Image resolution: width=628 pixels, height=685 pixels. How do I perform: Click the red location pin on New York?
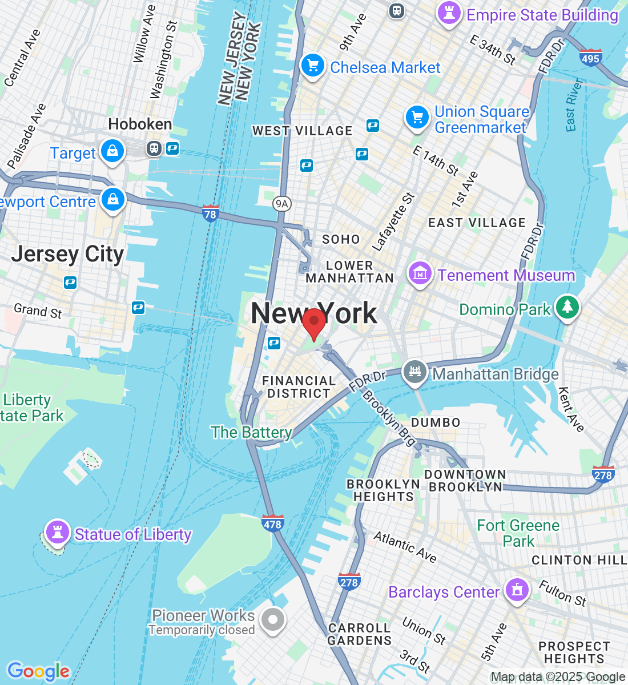tap(313, 323)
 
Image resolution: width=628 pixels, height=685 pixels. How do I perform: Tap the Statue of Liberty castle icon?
tap(57, 532)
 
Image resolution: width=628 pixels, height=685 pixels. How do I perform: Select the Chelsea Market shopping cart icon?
tap(312, 66)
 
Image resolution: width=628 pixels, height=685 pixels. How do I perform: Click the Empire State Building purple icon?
tap(449, 13)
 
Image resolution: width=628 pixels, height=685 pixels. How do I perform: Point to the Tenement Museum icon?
tap(420, 273)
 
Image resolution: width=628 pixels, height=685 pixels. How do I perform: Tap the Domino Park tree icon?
tap(567, 307)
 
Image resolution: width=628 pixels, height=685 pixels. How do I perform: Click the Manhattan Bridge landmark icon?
tap(415, 372)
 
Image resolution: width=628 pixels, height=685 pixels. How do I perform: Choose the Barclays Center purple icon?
tap(517, 590)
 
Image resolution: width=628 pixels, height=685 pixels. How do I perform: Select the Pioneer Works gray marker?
tap(273, 619)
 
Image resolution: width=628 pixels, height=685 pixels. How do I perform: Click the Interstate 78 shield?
tap(211, 213)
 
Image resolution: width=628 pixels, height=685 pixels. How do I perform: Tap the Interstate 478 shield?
tap(273, 523)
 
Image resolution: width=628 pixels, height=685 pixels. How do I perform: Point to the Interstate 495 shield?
tap(590, 58)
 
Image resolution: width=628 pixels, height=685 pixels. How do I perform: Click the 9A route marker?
tap(281, 204)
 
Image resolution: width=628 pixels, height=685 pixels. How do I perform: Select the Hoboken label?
tap(140, 124)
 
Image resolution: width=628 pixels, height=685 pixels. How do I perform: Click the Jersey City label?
tap(67, 254)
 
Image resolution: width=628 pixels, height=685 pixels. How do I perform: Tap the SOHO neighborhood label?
tap(341, 239)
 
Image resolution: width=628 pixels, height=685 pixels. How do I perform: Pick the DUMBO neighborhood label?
tap(436, 422)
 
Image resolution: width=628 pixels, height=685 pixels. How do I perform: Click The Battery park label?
tap(251, 432)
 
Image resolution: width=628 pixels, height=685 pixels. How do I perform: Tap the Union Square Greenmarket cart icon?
tap(417, 118)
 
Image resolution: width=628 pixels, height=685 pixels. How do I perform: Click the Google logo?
tap(38, 671)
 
